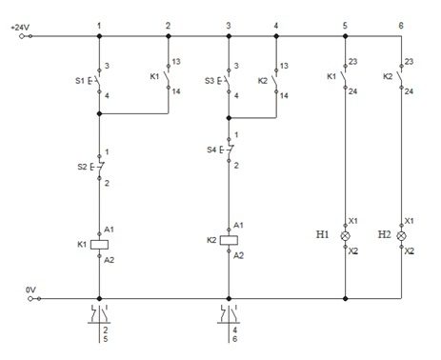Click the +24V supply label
tap(20, 28)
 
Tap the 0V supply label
tap(30, 290)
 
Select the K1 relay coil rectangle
tap(99, 245)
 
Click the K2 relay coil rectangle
tap(229, 240)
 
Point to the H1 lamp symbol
tap(346, 236)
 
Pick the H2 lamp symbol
tap(402, 236)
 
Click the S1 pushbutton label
tap(80, 81)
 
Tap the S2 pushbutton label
tap(82, 167)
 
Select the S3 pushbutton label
tap(210, 81)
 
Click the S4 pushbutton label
tap(211, 150)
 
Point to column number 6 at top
tap(401, 26)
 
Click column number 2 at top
tap(168, 26)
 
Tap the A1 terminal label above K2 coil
tap(238, 226)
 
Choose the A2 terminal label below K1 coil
tap(109, 260)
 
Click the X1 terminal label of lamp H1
tap(353, 221)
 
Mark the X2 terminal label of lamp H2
tap(410, 251)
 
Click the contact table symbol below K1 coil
tap(99, 314)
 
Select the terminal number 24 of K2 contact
tap(409, 91)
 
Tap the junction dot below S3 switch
tap(229, 118)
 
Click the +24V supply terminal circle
tap(22, 36)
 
